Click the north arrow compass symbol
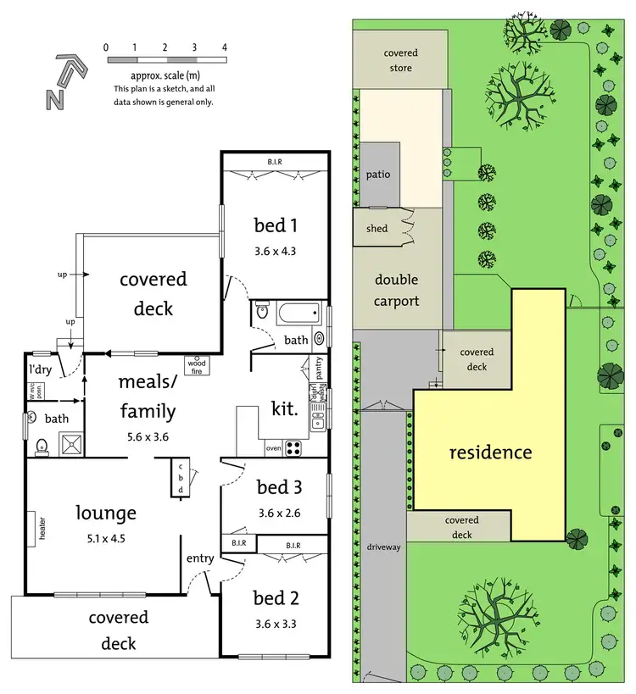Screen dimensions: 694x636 click(64, 82)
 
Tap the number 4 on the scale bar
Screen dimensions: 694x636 click(224, 47)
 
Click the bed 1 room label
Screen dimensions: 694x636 click(275, 225)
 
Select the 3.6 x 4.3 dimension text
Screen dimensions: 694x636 click(275, 251)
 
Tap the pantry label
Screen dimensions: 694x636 click(318, 370)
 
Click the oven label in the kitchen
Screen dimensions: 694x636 click(273, 447)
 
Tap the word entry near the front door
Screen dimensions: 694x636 click(200, 558)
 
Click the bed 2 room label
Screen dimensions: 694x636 click(275, 598)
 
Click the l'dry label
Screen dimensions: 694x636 click(42, 370)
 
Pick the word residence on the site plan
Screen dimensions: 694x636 click(490, 452)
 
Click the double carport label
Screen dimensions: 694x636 click(397, 290)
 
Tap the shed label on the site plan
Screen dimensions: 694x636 click(377, 229)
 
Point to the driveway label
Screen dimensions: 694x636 click(384, 547)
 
